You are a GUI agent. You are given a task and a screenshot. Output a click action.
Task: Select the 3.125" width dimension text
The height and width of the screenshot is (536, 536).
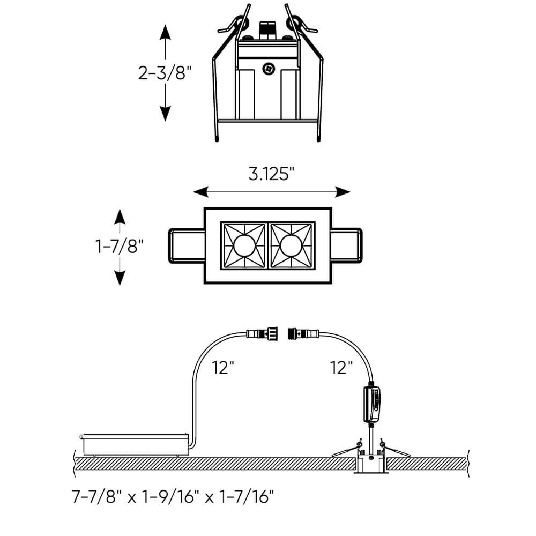click(x=272, y=174)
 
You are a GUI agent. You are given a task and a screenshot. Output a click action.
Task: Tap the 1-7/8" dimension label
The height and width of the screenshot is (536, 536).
click(x=120, y=247)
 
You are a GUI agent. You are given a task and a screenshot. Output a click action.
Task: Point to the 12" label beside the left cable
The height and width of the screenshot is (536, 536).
click(x=222, y=368)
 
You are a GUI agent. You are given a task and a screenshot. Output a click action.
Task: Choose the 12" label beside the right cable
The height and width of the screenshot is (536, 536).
click(x=341, y=368)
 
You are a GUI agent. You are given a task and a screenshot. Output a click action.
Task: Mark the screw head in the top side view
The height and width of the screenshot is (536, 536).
click(x=268, y=68)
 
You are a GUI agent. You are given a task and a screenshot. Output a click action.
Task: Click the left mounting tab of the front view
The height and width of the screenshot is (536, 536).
click(x=187, y=246)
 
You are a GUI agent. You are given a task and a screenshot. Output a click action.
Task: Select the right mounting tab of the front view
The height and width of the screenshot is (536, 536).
click(x=347, y=246)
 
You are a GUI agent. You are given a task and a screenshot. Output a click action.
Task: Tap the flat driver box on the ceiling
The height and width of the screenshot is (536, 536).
click(x=135, y=444)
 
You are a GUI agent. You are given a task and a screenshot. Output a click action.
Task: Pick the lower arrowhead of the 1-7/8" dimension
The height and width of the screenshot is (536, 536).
click(x=120, y=278)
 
